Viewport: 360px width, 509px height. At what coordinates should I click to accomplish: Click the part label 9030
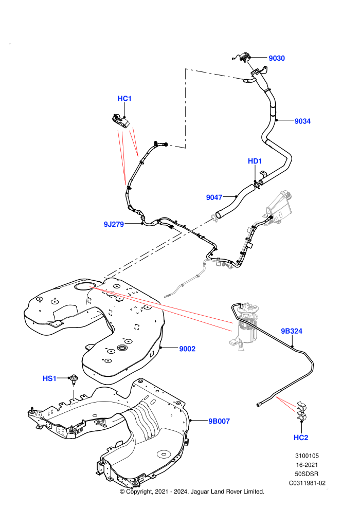pyautogui.click(x=277, y=58)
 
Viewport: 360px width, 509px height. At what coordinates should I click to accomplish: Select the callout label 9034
pyautogui.click(x=302, y=121)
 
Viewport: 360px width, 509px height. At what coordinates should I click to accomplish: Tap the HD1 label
pyautogui.click(x=255, y=161)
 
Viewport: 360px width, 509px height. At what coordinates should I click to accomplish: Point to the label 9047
pyautogui.click(x=214, y=197)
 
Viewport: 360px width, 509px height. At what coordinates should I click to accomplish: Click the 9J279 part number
pyautogui.click(x=114, y=224)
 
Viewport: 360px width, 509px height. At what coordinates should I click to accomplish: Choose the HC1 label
pyautogui.click(x=124, y=98)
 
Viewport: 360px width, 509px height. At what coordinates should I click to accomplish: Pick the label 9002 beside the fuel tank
pyautogui.click(x=187, y=349)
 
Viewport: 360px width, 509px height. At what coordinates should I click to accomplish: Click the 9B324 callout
pyautogui.click(x=292, y=331)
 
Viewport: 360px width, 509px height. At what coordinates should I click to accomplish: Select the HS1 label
pyautogui.click(x=50, y=378)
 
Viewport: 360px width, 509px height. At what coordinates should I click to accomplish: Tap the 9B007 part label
pyautogui.click(x=219, y=421)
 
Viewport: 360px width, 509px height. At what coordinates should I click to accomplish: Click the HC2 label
pyautogui.click(x=300, y=437)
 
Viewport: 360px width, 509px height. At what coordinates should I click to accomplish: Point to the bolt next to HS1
pyautogui.click(x=74, y=379)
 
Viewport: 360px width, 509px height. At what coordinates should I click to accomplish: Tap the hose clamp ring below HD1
pyautogui.click(x=257, y=184)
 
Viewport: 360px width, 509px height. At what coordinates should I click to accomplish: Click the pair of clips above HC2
pyautogui.click(x=301, y=411)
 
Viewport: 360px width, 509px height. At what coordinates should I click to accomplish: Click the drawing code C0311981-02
pyautogui.click(x=307, y=483)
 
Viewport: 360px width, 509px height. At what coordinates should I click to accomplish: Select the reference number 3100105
pyautogui.click(x=307, y=456)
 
